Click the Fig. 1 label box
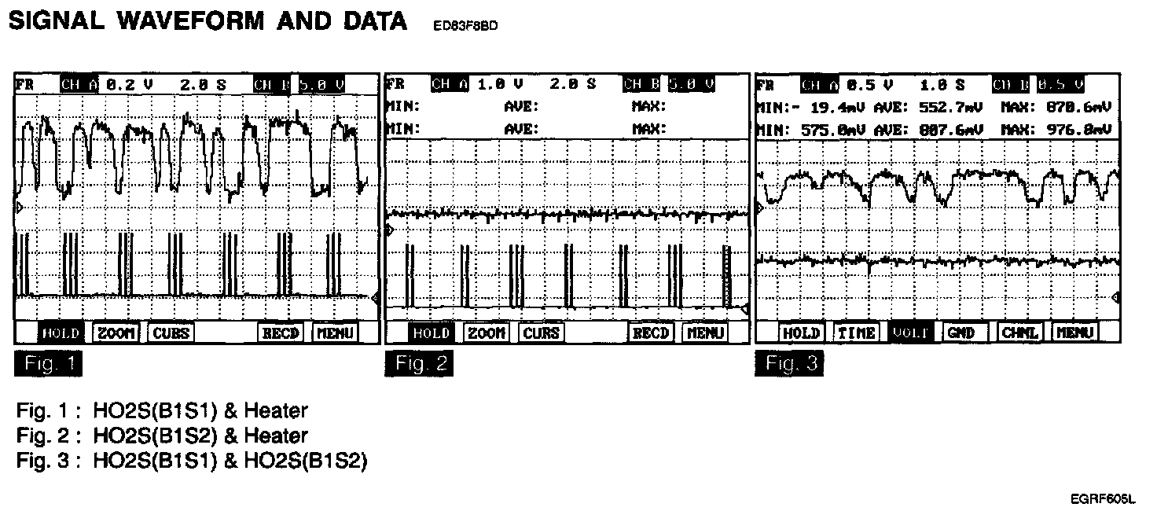pos(47,364)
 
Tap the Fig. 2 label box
pos(419,364)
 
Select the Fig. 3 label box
pos(789,364)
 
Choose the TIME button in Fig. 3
pos(856,333)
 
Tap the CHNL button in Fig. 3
pos(1020,333)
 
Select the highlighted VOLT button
pos(911,333)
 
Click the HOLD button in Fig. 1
pos(61,333)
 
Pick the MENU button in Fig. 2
pos(706,333)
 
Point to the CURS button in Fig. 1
pos(171,333)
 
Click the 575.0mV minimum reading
pos(822,128)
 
